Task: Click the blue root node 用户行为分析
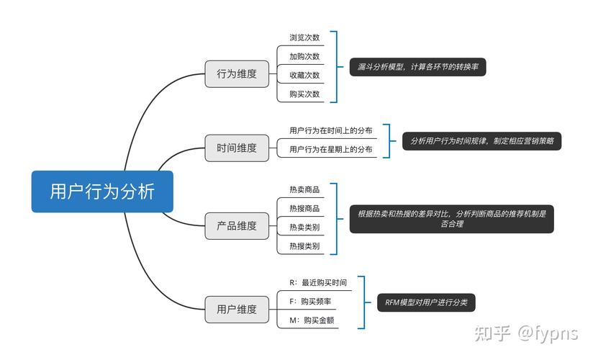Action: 102,192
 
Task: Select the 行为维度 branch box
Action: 236,73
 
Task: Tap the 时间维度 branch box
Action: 236,148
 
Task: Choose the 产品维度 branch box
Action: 236,225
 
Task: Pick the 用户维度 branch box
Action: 236,309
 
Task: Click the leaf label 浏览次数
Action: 304,37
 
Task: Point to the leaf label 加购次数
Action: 304,56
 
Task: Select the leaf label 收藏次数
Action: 304,75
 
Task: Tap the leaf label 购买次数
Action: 304,94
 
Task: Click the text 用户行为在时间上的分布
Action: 331,130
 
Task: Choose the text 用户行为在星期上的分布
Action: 331,149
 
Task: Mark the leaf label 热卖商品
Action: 304,189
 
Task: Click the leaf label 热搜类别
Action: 304,246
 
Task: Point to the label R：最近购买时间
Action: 318,283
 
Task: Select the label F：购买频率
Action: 310,302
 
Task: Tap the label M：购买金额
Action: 310,320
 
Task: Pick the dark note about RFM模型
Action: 426,302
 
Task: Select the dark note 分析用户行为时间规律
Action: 481,141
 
